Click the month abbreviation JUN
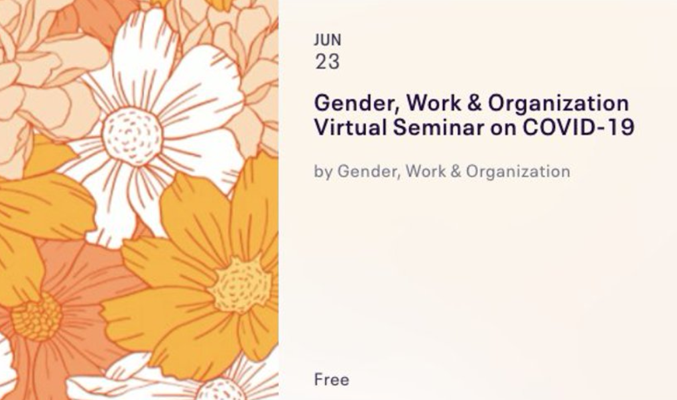click(x=327, y=40)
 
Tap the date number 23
click(x=327, y=62)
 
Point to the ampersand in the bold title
click(x=474, y=103)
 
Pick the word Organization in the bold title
click(x=559, y=105)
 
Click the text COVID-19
click(x=578, y=128)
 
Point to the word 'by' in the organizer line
click(x=323, y=172)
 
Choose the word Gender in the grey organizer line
click(x=368, y=172)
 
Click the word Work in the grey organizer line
click(x=425, y=171)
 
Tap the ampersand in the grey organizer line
click(x=456, y=171)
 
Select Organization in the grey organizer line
click(x=518, y=172)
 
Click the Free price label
click(x=332, y=380)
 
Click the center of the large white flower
click(x=131, y=136)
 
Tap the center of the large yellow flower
click(x=240, y=284)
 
